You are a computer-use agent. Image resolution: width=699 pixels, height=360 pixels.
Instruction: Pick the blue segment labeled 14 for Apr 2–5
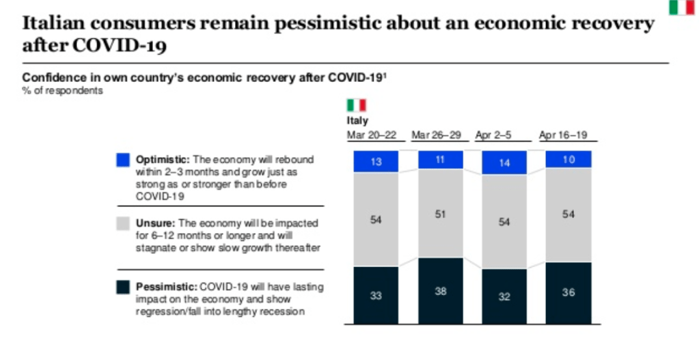coord(504,163)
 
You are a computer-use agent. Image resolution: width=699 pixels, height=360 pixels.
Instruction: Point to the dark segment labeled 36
coord(568,292)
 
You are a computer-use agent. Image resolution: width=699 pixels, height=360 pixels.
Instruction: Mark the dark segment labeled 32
coord(504,296)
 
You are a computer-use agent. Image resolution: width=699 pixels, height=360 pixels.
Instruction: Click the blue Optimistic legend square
coord(123,159)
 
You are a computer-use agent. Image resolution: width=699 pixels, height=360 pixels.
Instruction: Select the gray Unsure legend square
coord(123,223)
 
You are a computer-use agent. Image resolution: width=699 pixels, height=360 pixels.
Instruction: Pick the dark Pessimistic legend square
coord(123,287)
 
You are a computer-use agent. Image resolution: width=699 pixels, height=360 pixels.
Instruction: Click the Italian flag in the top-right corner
coord(681,8)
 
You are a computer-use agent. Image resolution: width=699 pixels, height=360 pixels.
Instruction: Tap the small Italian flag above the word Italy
coord(356,105)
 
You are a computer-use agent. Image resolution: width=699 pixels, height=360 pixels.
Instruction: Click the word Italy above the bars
coord(357,121)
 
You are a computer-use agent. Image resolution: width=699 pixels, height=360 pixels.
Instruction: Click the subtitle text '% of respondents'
coord(63,91)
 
